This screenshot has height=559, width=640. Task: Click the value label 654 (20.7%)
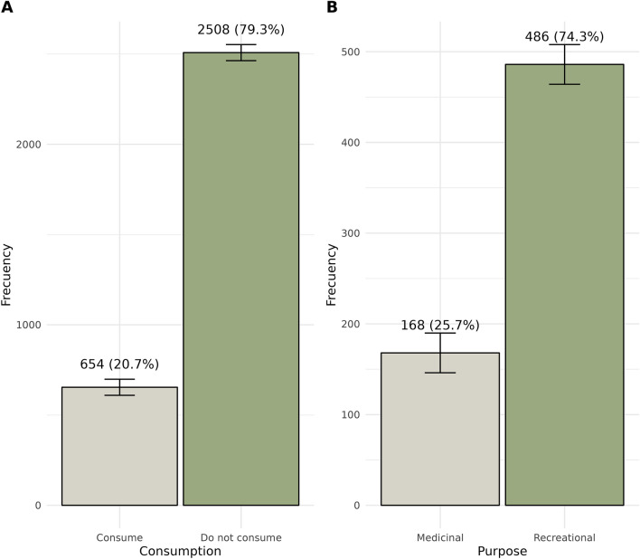tap(119, 365)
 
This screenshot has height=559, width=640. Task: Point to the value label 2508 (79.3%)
tap(240, 30)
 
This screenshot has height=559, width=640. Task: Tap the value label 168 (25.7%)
tap(440, 325)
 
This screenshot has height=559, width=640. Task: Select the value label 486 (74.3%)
tap(564, 36)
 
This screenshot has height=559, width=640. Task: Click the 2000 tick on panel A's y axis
tap(33, 144)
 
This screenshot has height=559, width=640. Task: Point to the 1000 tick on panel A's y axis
tap(33, 325)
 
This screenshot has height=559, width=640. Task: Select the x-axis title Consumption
tap(180, 550)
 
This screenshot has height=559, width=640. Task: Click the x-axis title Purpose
tap(502, 550)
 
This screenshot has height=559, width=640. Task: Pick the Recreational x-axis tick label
tap(564, 537)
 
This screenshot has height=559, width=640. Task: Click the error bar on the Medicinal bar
tap(440, 353)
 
